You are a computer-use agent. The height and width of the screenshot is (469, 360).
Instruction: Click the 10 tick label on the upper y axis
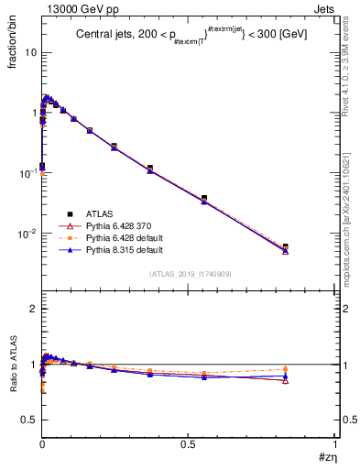pyautogui.click(x=28, y=52)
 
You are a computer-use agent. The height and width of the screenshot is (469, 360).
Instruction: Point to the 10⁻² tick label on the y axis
pyautogui.click(x=27, y=234)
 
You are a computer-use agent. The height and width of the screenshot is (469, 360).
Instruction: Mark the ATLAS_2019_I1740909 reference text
pyautogui.click(x=189, y=273)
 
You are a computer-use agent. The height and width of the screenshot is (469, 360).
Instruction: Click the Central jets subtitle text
pyautogui.click(x=191, y=35)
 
